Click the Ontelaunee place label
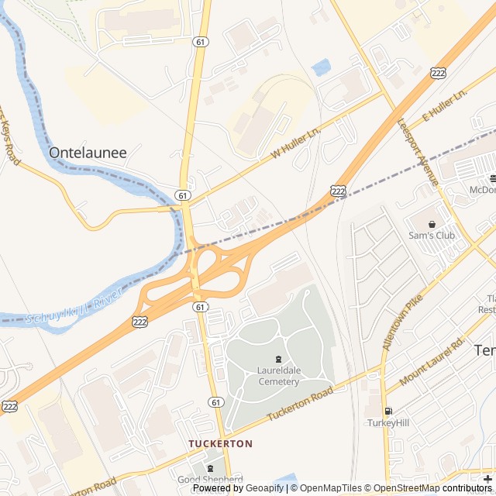coord(88,153)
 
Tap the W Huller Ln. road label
coord(296,145)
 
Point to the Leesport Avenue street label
coord(418,151)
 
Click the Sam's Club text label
coord(431,235)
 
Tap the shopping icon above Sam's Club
coord(432,223)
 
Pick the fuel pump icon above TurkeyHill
coord(387,411)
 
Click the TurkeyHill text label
coord(387,423)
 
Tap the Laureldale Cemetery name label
coord(278,376)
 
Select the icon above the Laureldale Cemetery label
coord(278,358)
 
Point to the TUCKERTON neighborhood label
coord(221,443)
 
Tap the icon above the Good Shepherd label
coord(211,467)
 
